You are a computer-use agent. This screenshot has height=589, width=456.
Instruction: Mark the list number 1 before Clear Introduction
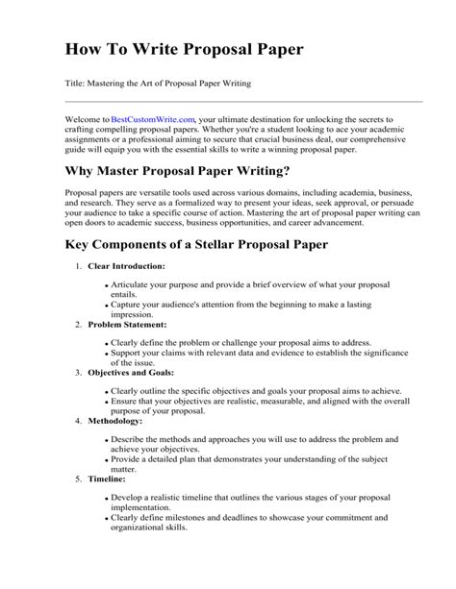(x=76, y=265)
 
